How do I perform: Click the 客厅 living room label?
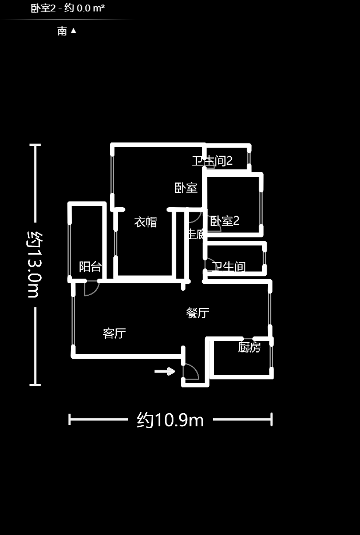point(114,333)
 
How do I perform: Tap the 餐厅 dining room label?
point(197,312)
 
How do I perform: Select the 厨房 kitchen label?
point(250,347)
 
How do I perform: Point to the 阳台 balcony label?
point(90,266)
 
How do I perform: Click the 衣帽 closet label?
point(145,222)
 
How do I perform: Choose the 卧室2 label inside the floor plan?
point(225,221)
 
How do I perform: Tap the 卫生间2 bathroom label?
point(212,161)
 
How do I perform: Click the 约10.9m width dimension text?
point(171,420)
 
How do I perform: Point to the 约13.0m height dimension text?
point(34,264)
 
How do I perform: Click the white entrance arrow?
point(165,371)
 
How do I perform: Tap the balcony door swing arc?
point(91,288)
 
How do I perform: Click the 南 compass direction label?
point(62,31)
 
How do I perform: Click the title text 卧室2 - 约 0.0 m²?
point(68,8)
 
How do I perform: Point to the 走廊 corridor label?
point(196,233)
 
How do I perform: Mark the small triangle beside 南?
point(73,31)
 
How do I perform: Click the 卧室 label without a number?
point(186,188)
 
